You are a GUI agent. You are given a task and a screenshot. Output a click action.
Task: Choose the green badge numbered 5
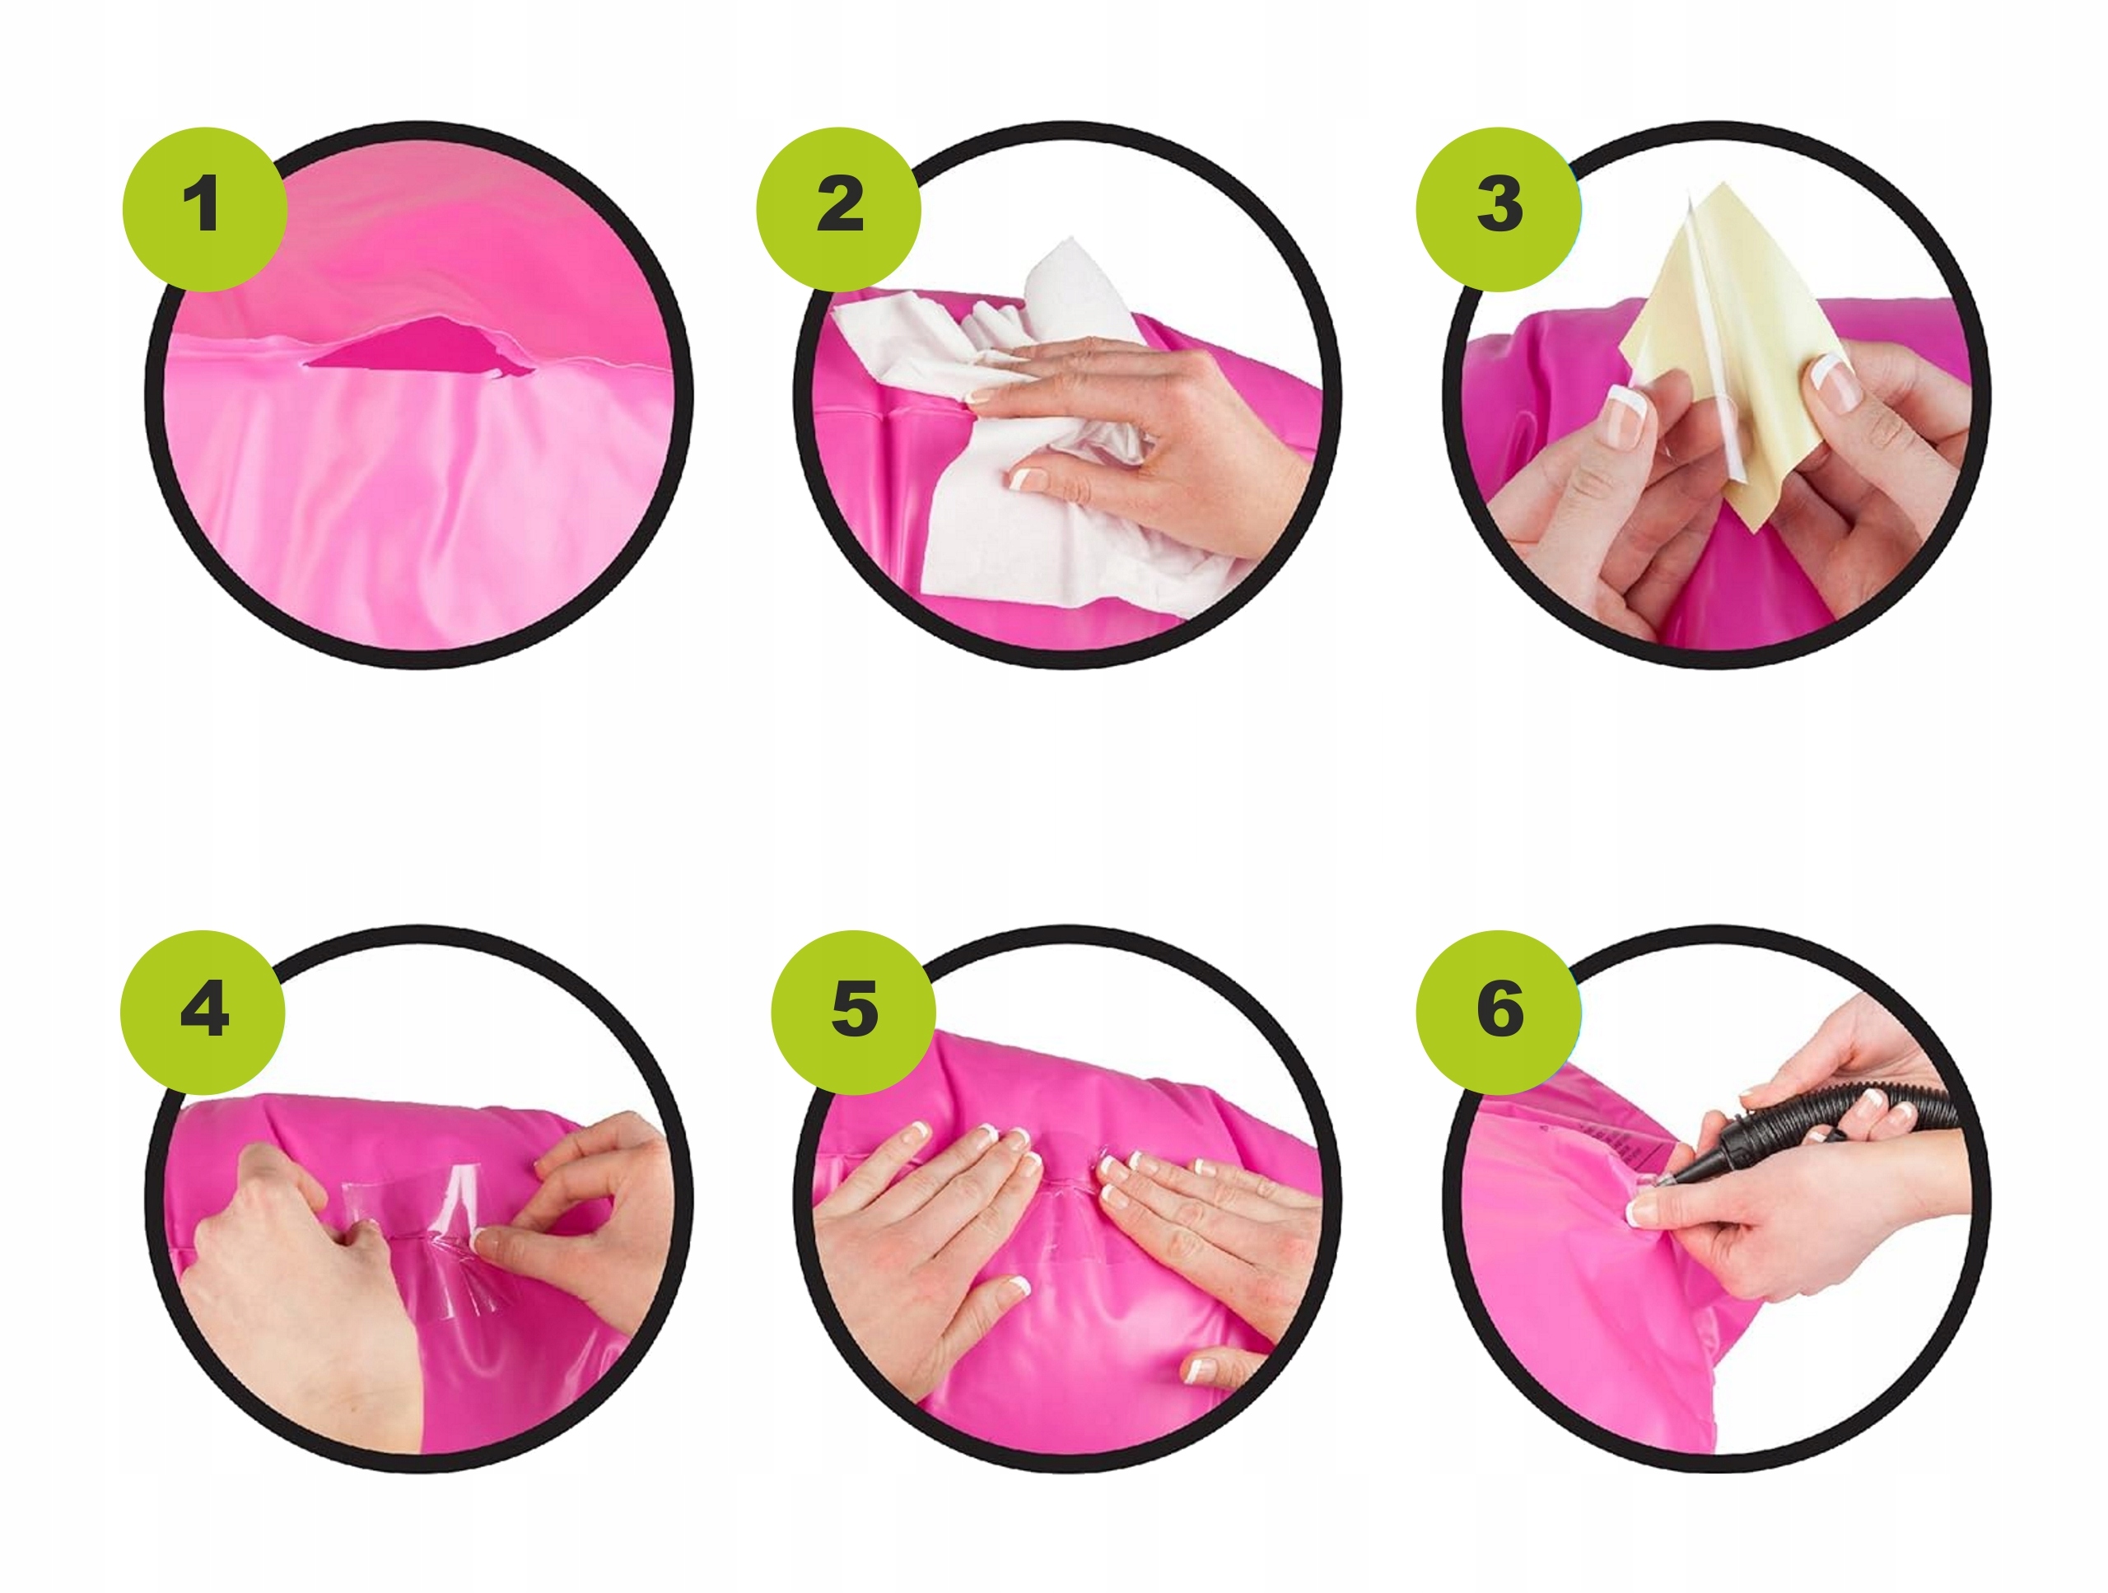pyautogui.click(x=854, y=1013)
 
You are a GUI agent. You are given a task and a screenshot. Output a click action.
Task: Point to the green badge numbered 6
pyautogui.click(x=1499, y=1013)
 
